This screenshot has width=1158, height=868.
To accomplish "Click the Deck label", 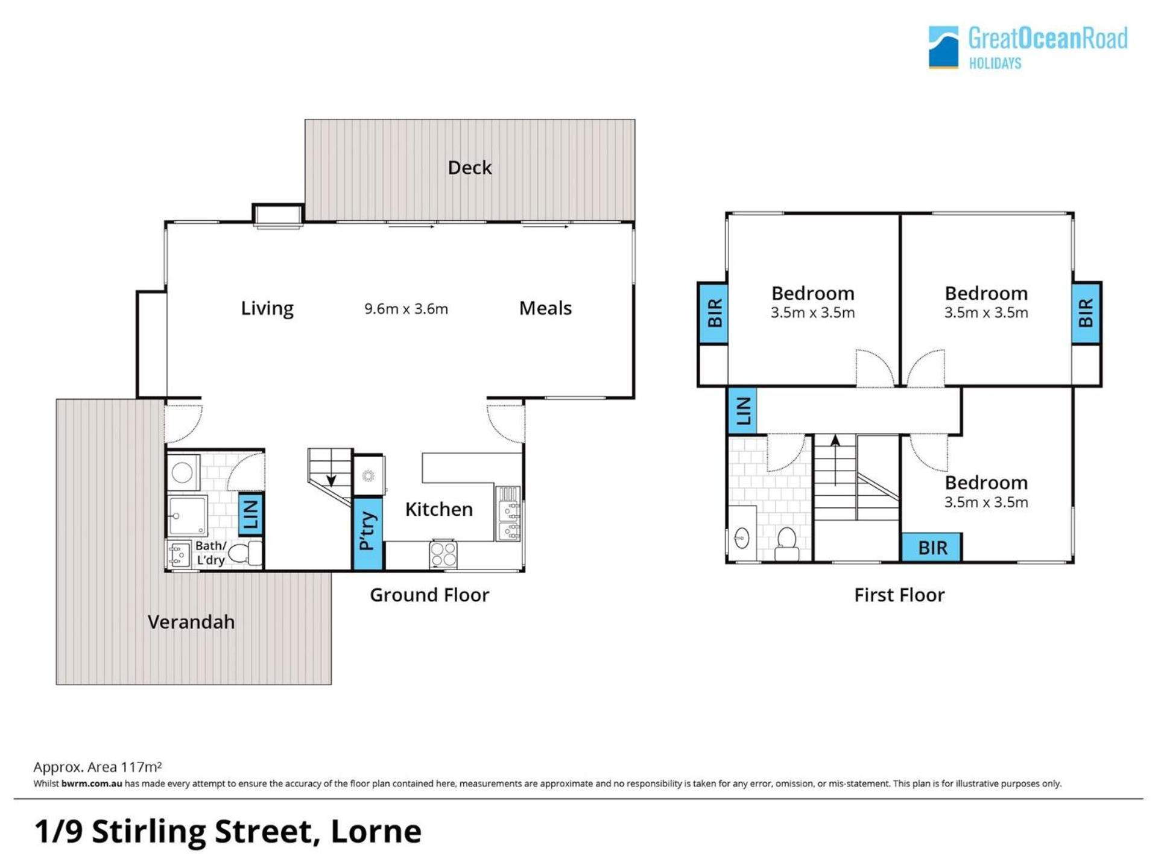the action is (469, 168).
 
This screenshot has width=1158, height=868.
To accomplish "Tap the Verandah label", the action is (191, 622).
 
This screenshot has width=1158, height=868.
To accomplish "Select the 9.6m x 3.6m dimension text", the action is (406, 309).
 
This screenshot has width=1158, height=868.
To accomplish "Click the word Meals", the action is (545, 308).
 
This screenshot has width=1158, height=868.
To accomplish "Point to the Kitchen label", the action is (438, 510).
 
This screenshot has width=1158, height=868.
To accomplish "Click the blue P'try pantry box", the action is (367, 533).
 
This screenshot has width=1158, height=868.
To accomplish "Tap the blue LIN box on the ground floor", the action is (251, 515).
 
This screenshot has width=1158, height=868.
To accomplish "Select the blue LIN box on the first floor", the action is (742, 411).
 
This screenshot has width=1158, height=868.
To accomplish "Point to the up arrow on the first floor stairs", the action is (835, 460).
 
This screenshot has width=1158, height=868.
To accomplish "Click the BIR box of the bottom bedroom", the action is (932, 548).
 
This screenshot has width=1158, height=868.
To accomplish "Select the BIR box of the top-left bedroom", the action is (713, 313).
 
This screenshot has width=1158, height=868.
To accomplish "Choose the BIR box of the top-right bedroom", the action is (1086, 313).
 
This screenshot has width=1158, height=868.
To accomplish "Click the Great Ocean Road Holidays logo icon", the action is (943, 47).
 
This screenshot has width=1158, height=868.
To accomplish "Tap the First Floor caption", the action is (899, 595).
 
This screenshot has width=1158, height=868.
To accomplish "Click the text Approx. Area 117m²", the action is (97, 767).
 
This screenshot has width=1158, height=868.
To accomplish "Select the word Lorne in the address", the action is (376, 831).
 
